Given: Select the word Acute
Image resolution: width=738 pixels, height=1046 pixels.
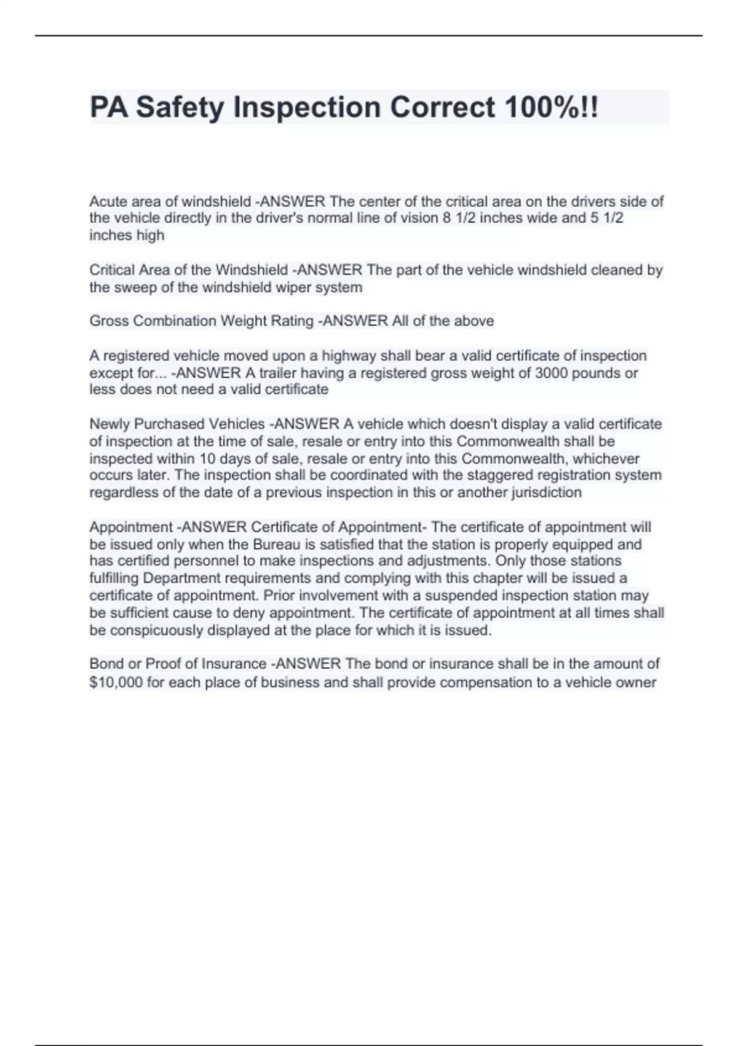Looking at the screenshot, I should tap(108, 201).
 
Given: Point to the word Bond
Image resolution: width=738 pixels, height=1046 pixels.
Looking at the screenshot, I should tap(106, 664).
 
